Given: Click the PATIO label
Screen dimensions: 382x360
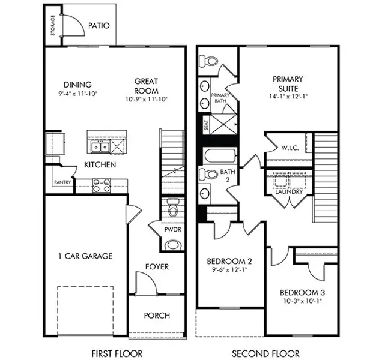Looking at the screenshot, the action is click(99, 26).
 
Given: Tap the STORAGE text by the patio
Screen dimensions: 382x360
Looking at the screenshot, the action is click(53, 26).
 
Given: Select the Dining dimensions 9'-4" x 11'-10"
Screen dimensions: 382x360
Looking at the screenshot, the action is click(77, 94).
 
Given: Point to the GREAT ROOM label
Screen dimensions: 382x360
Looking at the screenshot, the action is click(146, 86).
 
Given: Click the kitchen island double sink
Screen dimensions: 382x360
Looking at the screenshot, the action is click(100, 147).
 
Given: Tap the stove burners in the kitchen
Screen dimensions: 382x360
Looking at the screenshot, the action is click(102, 185).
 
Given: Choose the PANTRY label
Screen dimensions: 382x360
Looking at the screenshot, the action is click(62, 182).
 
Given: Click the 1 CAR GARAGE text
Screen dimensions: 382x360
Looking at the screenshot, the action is click(85, 256).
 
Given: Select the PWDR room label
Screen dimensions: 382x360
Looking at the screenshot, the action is click(173, 229).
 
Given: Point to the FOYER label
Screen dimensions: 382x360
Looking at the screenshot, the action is click(157, 267).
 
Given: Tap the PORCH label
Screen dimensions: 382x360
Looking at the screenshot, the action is click(157, 316).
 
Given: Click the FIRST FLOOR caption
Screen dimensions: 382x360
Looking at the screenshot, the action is click(117, 353).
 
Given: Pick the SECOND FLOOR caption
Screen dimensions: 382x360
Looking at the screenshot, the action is click(265, 353).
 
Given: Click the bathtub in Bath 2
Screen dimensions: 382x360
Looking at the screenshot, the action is click(220, 155).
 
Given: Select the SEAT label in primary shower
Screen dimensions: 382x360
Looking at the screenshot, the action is click(206, 125).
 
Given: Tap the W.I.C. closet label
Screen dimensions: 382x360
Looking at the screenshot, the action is click(290, 148).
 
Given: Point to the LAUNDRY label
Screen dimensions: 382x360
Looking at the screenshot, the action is click(289, 191).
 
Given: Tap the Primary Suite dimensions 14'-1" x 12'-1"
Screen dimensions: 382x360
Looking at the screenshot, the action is click(288, 97).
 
